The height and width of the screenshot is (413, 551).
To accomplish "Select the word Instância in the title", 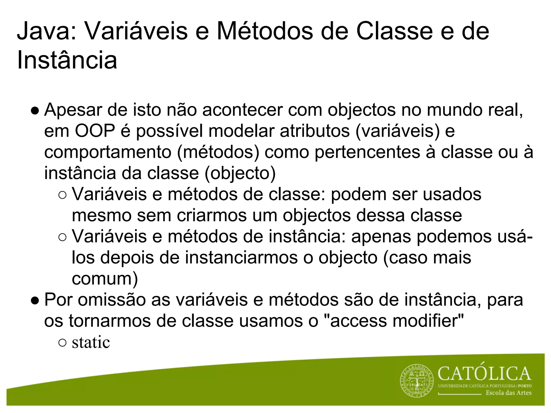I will pos(67,60).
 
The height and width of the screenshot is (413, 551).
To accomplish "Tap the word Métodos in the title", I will pos(265,32).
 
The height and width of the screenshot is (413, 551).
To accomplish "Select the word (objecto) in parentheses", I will pos(240,173).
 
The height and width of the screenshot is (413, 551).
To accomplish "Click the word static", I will pos(91,343).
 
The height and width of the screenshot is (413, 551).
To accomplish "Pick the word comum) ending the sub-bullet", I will pos(105,279).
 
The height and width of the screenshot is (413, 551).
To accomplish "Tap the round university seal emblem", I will pos(417,381).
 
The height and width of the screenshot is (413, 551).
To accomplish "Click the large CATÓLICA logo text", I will pos(484,373).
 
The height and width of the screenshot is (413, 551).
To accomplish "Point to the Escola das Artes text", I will pos(508,393).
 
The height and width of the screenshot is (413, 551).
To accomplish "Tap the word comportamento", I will pos(108,152).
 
